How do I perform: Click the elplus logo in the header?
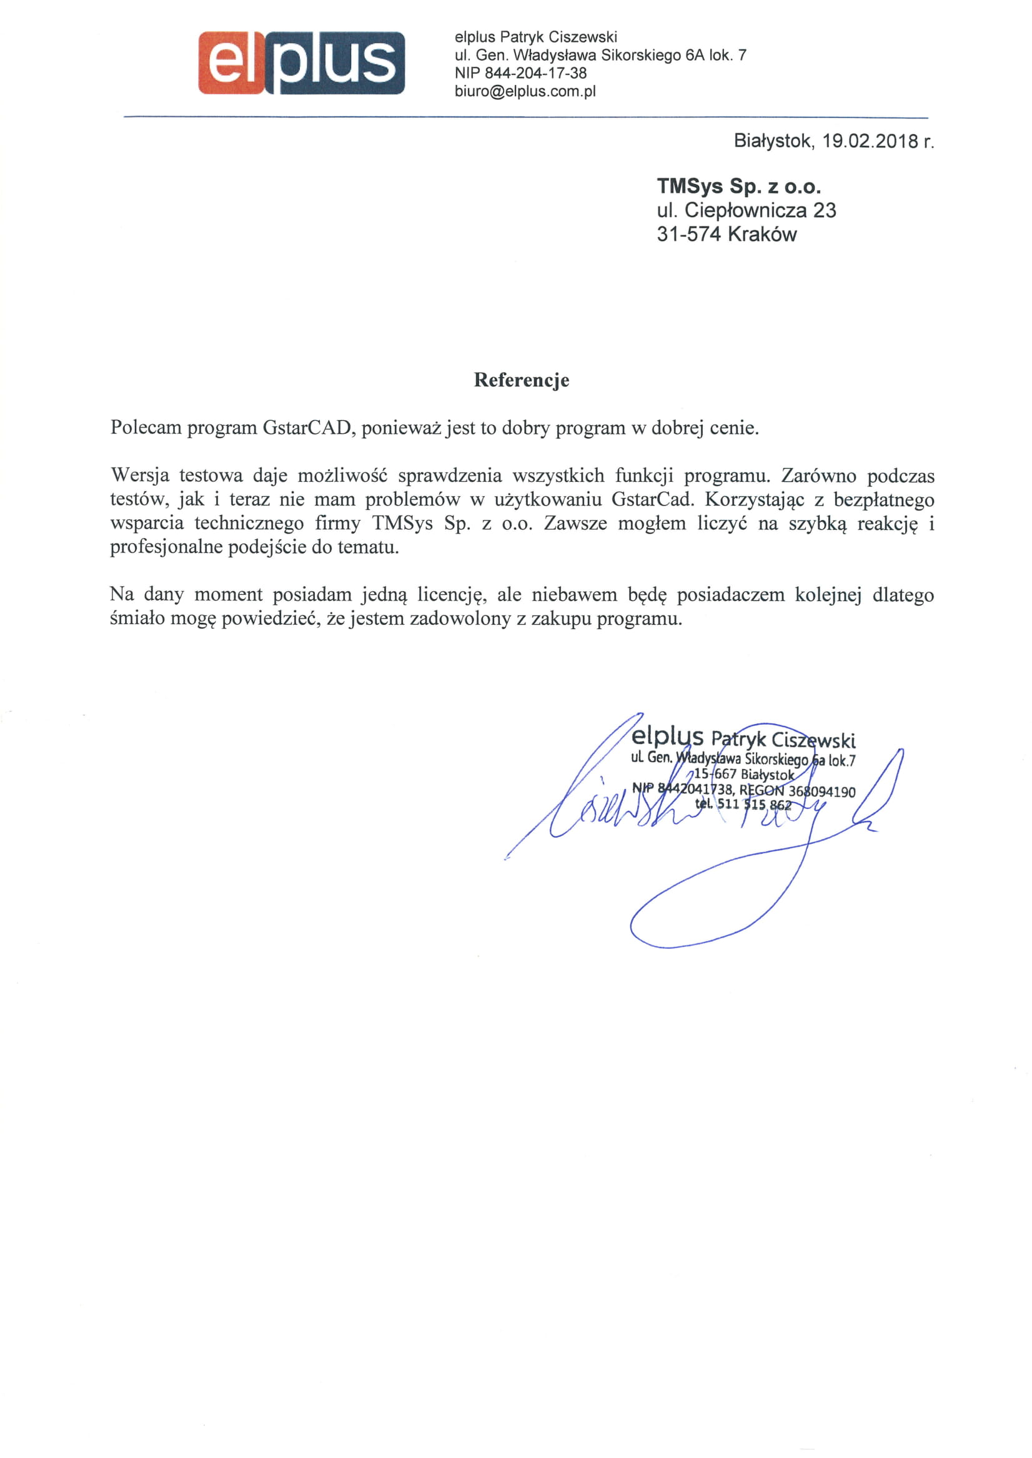pos(301,63)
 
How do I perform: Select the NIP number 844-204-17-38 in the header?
pos(535,73)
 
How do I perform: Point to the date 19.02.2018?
pos(871,141)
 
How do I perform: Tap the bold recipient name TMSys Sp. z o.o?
pos(738,186)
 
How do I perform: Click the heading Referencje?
pos(521,379)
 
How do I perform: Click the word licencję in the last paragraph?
pos(452,594)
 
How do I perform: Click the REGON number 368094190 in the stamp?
pos(821,792)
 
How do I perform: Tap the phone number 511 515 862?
pos(753,805)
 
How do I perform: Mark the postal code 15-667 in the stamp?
pos(715,774)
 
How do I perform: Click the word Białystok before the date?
pos(773,141)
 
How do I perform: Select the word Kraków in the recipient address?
pos(762,234)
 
